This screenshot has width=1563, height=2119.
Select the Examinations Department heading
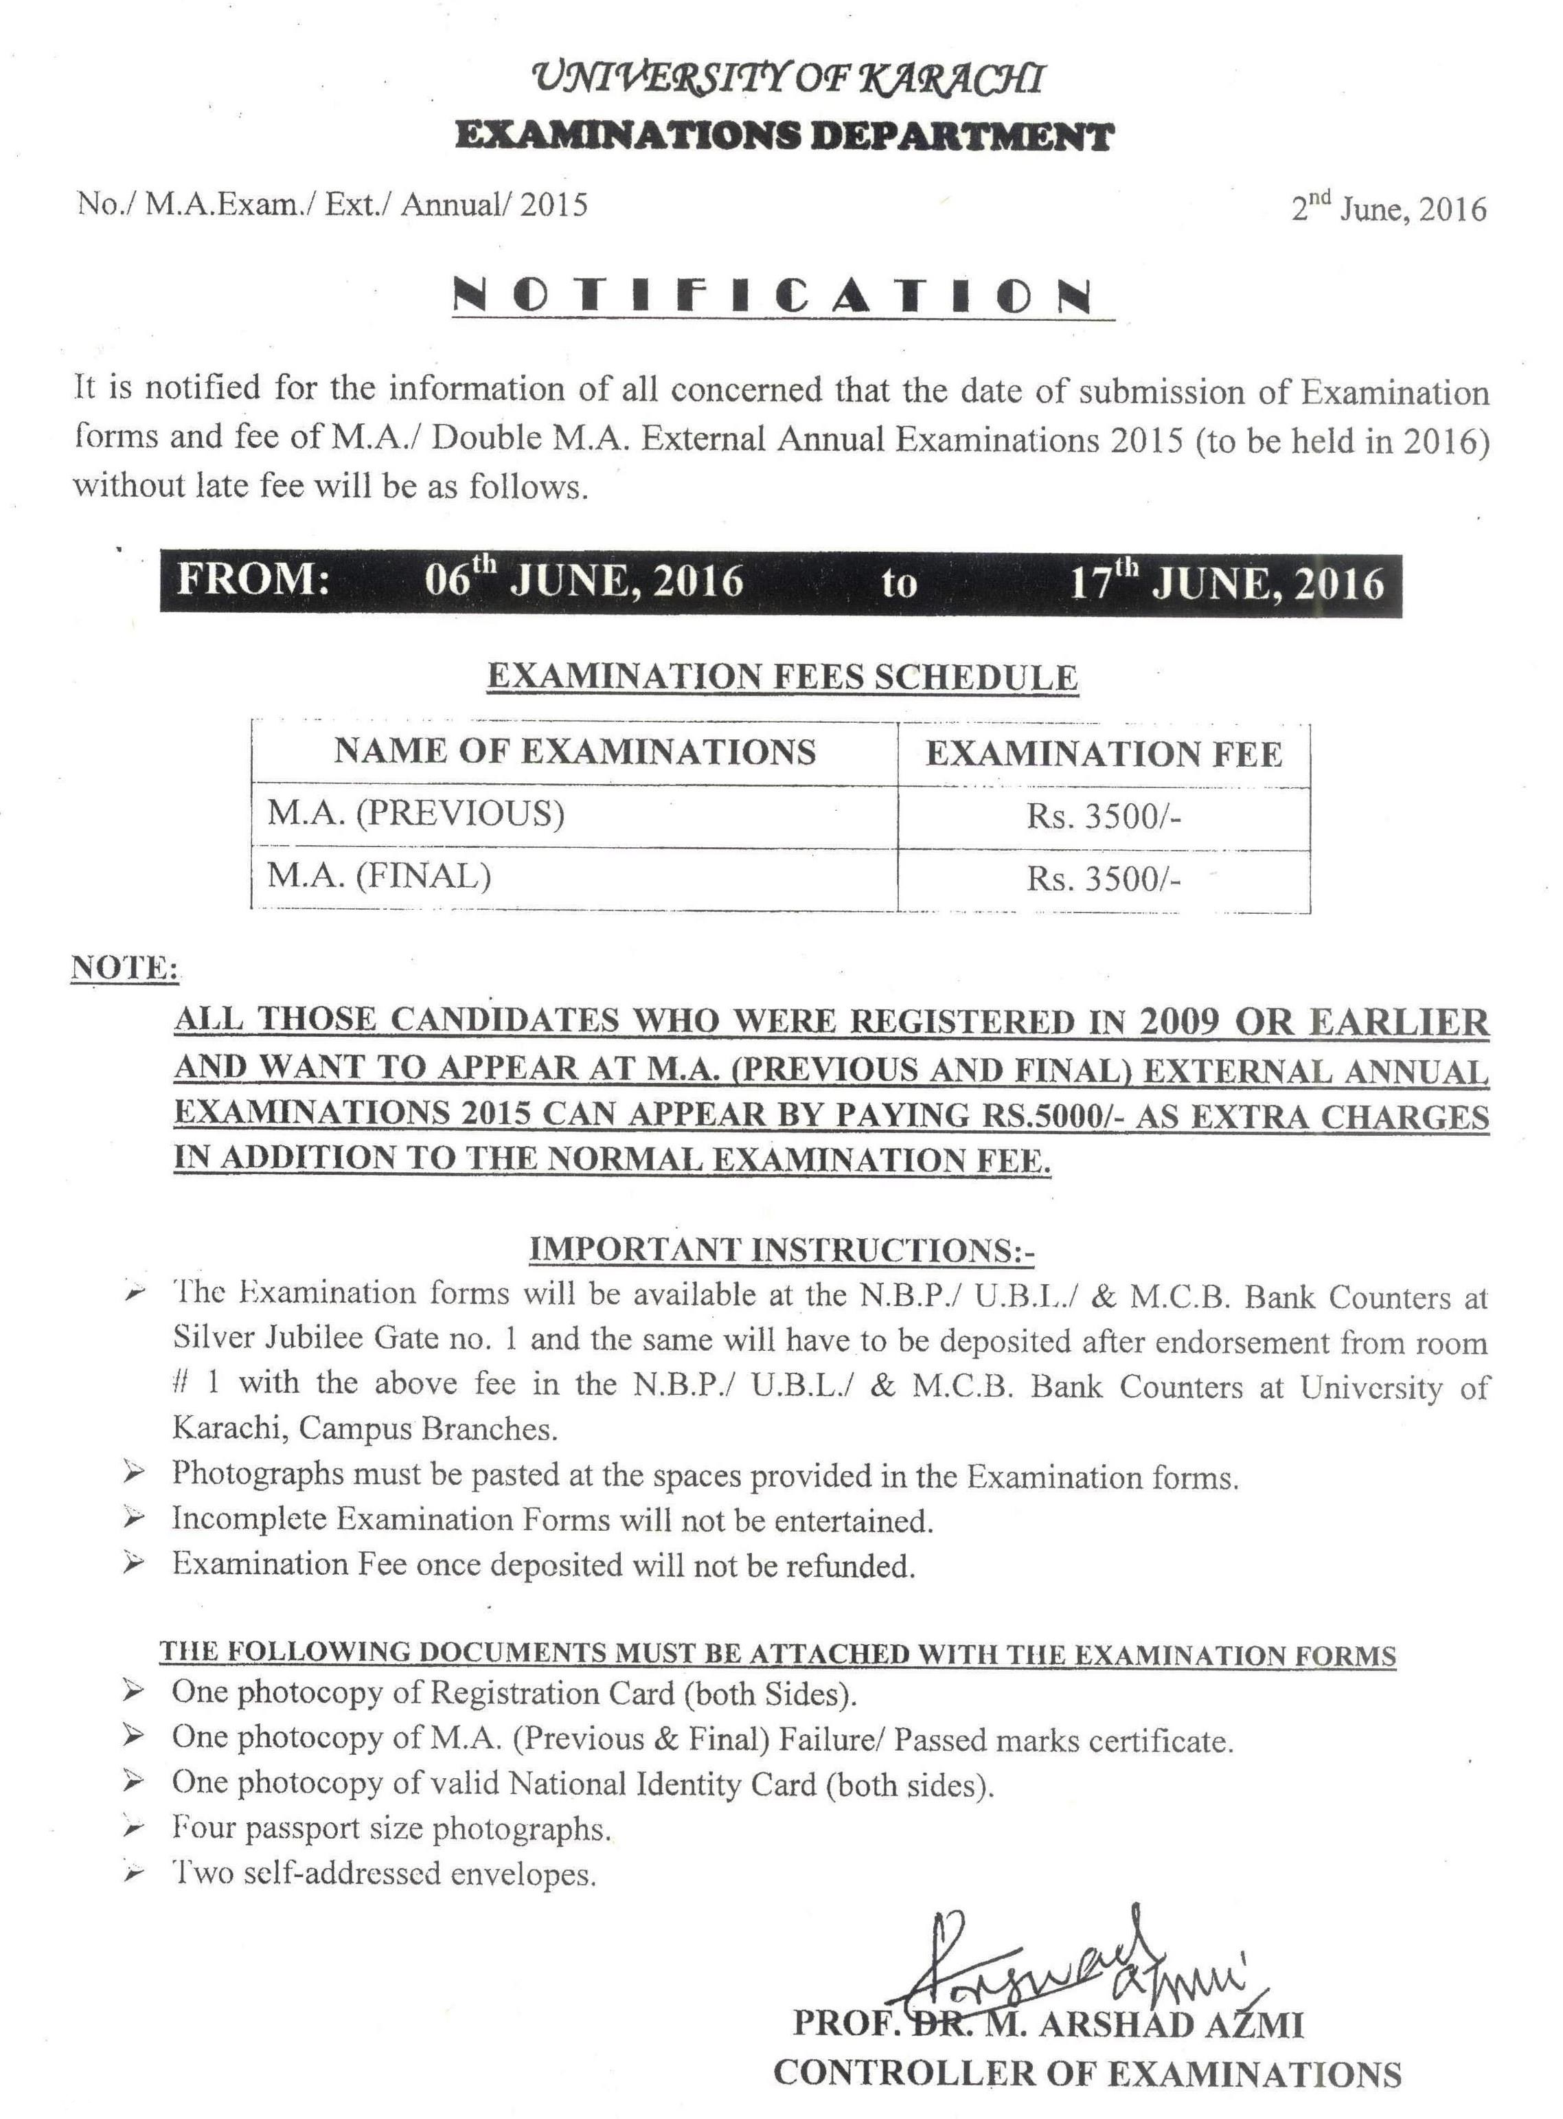784,137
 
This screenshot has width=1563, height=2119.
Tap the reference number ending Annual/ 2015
332,205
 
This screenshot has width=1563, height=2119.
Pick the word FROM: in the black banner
253,579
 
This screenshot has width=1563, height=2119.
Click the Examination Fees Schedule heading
782,677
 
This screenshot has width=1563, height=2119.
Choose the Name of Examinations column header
574,752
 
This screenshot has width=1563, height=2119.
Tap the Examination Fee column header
1103,754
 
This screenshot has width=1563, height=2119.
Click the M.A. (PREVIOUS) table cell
416,814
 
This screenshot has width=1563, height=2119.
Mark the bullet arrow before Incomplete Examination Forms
135,1520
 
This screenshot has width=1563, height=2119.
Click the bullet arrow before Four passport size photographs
135,1828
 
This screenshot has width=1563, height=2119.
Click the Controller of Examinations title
1087,2074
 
